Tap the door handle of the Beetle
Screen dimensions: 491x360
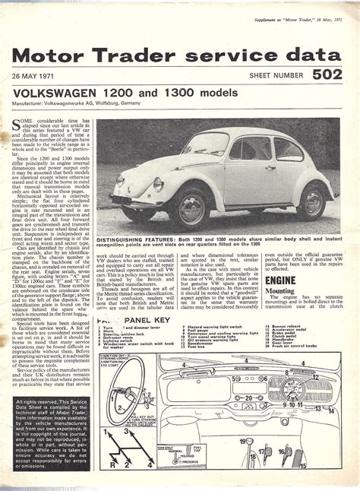tap(270, 167)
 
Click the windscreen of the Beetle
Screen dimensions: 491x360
tap(206, 145)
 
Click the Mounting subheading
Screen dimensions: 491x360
tap(281, 291)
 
